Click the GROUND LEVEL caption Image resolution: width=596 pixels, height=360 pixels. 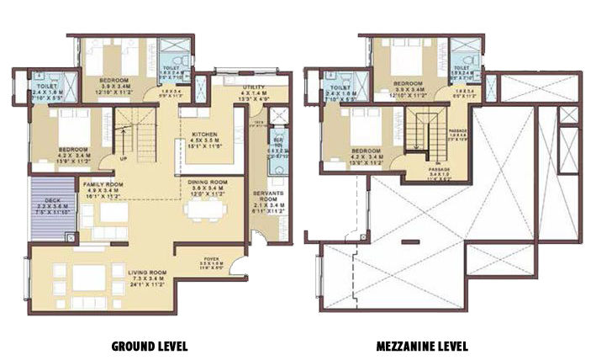click(x=149, y=346)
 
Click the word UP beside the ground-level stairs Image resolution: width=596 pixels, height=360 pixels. click(x=125, y=157)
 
